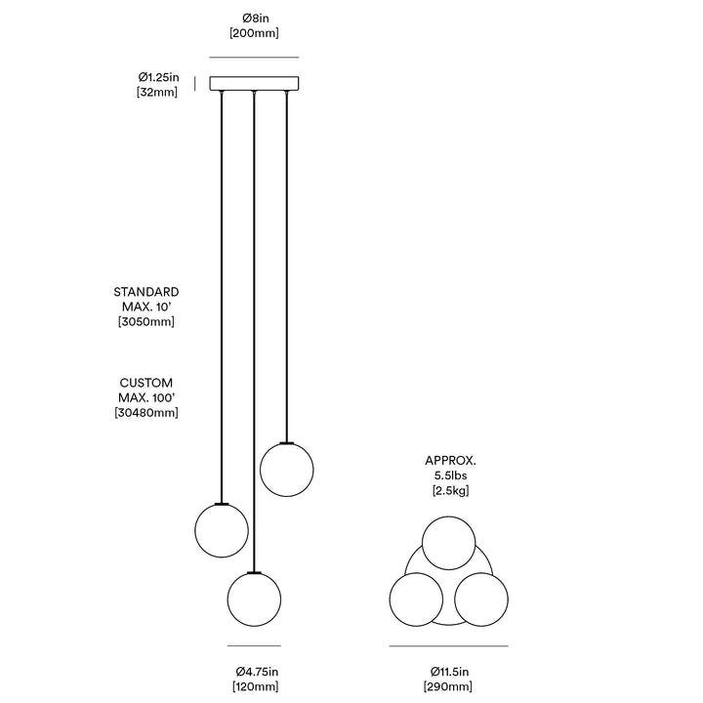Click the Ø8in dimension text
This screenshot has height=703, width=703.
255,18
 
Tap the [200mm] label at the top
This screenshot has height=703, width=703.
254,33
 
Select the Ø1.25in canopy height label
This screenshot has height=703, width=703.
158,77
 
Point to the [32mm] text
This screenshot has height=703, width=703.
157,92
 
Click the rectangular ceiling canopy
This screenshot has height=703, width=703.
254,83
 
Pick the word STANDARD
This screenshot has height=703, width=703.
146,292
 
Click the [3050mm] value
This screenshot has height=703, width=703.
146,321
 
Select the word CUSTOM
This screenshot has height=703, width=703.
146,383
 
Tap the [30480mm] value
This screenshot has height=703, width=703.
146,412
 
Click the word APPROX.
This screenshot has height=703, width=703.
450,461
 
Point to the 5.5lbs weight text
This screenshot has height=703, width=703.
450,476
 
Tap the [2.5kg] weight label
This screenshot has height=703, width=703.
450,490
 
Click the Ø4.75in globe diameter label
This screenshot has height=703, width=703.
257,672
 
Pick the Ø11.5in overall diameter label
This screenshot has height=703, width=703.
449,672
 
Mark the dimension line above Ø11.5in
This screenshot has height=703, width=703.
448,646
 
